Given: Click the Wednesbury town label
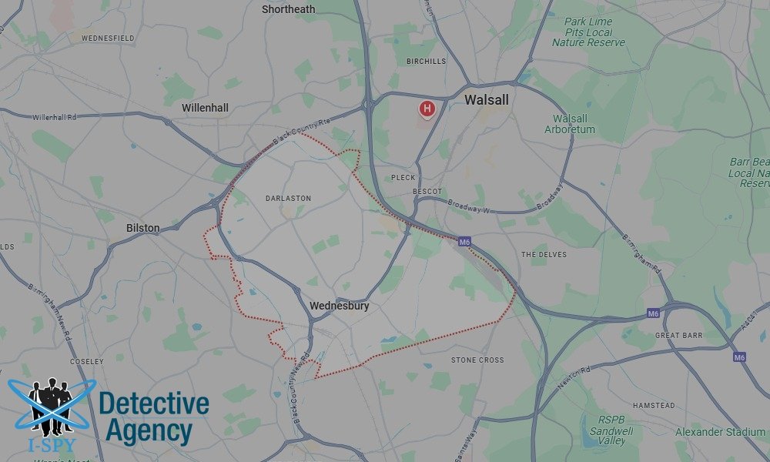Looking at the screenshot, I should click(339, 306).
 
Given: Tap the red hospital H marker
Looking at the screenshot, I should click(427, 109).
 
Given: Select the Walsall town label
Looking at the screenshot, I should click(487, 100).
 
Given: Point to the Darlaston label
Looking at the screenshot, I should click(288, 198).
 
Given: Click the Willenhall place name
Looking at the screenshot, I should click(205, 108).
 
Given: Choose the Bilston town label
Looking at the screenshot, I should click(143, 228).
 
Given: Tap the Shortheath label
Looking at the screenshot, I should click(288, 9).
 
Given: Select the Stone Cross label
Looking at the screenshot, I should click(477, 360).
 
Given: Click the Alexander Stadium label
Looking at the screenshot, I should click(720, 432).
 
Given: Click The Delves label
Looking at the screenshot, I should click(544, 254).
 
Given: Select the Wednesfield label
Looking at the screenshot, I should click(108, 38).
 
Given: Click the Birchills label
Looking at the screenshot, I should click(425, 61).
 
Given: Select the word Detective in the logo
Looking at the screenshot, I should click(154, 403).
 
